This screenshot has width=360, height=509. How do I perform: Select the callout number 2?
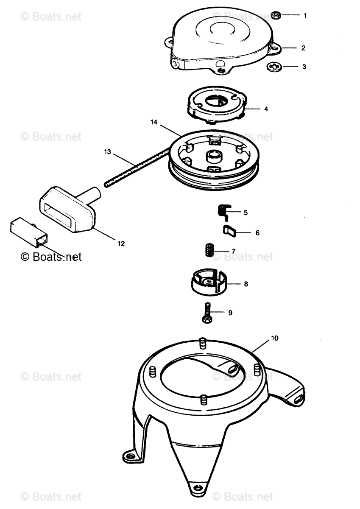pos(304,48)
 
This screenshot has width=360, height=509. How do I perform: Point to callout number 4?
pos(266,109)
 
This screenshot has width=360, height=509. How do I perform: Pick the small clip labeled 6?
pos(229,231)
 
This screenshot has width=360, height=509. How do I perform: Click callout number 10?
pos(275,338)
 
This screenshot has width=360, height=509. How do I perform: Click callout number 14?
pos(154,122)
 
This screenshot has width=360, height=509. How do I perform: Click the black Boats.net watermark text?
pos(51,257)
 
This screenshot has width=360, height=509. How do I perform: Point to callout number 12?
pos(121,243)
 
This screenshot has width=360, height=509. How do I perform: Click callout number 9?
pos(230,313)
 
